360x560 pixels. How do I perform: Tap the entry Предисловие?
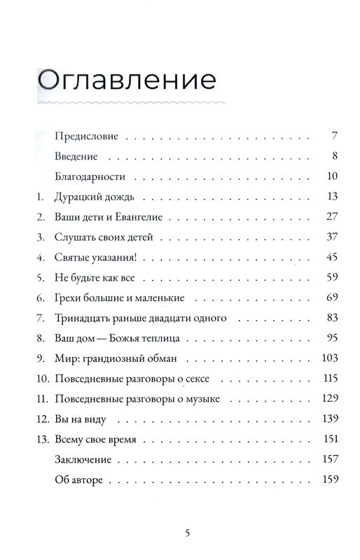click(85, 135)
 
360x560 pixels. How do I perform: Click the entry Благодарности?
click(90, 176)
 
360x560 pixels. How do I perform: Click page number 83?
click(333, 318)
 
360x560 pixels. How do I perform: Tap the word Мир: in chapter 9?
click(64, 358)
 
